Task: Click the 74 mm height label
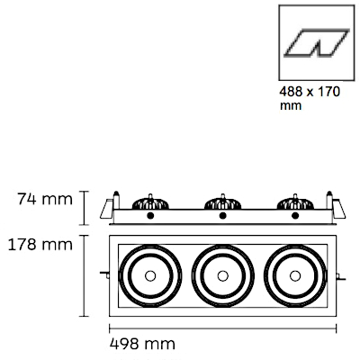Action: [x=45, y=199]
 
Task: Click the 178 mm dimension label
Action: [x=40, y=245]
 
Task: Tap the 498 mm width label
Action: [x=142, y=344]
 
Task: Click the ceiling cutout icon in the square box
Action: [x=317, y=42]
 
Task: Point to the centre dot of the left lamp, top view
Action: [x=150, y=275]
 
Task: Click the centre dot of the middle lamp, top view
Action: [x=223, y=275]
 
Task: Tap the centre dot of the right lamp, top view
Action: [x=295, y=275]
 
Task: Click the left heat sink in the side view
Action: [x=150, y=202]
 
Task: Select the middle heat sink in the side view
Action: [x=223, y=202]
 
